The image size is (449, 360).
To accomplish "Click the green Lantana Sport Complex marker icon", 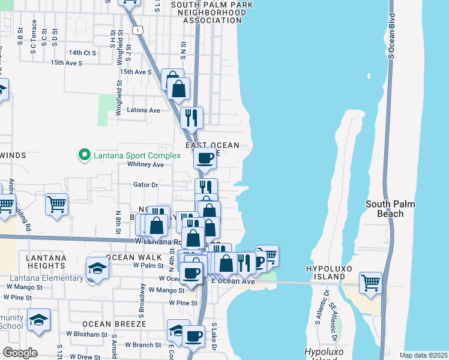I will click(x=85, y=155).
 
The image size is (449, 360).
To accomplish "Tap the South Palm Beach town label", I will click(x=390, y=209).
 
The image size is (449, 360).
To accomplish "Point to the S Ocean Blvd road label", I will click(x=391, y=36).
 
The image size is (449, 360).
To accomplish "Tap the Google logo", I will click(x=20, y=352).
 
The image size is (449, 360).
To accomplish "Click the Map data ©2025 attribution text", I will click(x=423, y=355).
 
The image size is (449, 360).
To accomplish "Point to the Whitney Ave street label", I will click(x=145, y=164).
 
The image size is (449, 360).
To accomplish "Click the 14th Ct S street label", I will click(x=82, y=53).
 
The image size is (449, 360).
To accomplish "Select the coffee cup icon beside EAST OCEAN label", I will click(x=205, y=158).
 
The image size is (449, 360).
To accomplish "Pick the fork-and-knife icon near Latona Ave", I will click(x=191, y=117).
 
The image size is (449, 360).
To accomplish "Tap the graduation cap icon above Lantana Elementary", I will click(x=97, y=266).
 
